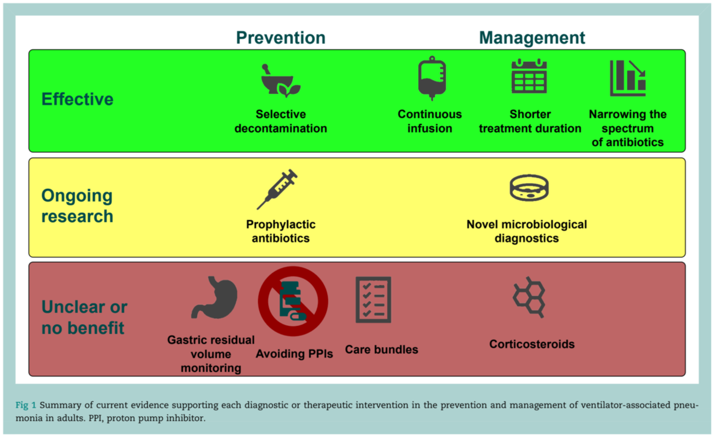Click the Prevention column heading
(280, 37)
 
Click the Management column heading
(532, 38)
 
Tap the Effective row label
(77, 99)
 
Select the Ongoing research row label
(77, 206)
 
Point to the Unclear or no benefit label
(84, 317)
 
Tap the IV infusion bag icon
(432, 78)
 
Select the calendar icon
(529, 76)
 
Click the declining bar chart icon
(627, 78)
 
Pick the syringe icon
(277, 189)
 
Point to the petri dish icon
(529, 188)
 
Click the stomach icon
(214, 297)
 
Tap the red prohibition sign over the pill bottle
(293, 301)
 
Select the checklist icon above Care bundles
(373, 300)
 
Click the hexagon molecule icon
(529, 297)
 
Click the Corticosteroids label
(532, 344)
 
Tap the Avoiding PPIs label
(295, 354)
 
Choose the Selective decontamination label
(280, 121)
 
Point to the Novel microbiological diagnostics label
(527, 231)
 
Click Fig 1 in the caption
(26, 405)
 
